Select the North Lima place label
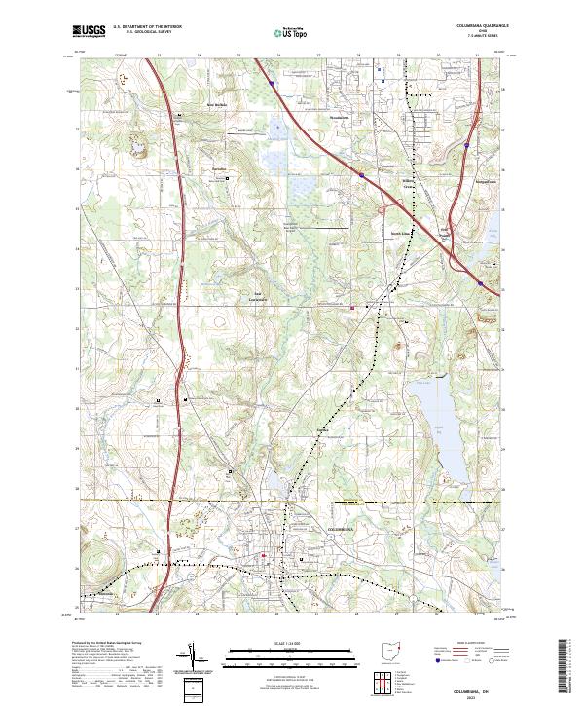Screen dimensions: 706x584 400,234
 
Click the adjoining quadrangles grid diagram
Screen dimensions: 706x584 379,678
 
